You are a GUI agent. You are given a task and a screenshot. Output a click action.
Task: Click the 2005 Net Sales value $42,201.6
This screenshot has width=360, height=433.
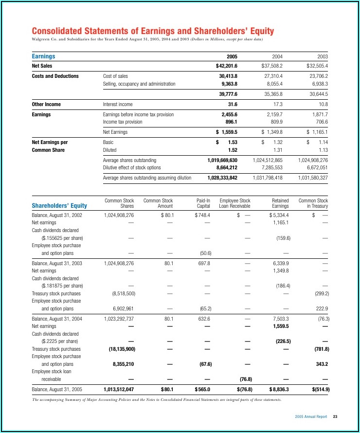pos(226,66)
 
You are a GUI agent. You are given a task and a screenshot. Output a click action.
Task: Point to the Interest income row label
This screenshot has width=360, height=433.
pos(118,104)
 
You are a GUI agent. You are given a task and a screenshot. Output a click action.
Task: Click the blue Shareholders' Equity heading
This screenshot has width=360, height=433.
pos(59,206)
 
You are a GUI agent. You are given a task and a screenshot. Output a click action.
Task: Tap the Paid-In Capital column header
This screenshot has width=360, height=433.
pos(203,203)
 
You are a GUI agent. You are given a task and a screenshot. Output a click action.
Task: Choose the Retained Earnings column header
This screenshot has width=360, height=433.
pos(280,203)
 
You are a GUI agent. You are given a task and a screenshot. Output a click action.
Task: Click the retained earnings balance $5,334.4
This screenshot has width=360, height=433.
pos(279,215)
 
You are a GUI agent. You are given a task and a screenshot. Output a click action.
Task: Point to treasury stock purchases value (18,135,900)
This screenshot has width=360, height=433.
pos(119,349)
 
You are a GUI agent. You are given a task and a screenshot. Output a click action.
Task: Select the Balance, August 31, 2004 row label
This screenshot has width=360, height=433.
pos(57,318)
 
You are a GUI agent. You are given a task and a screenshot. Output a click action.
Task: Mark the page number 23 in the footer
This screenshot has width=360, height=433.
pos(335,417)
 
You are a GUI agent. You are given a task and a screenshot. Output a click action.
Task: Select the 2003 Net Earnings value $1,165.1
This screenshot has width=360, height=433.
pos(317,132)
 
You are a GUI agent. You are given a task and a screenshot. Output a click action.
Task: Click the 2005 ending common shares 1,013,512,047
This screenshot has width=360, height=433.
pos(119,389)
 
